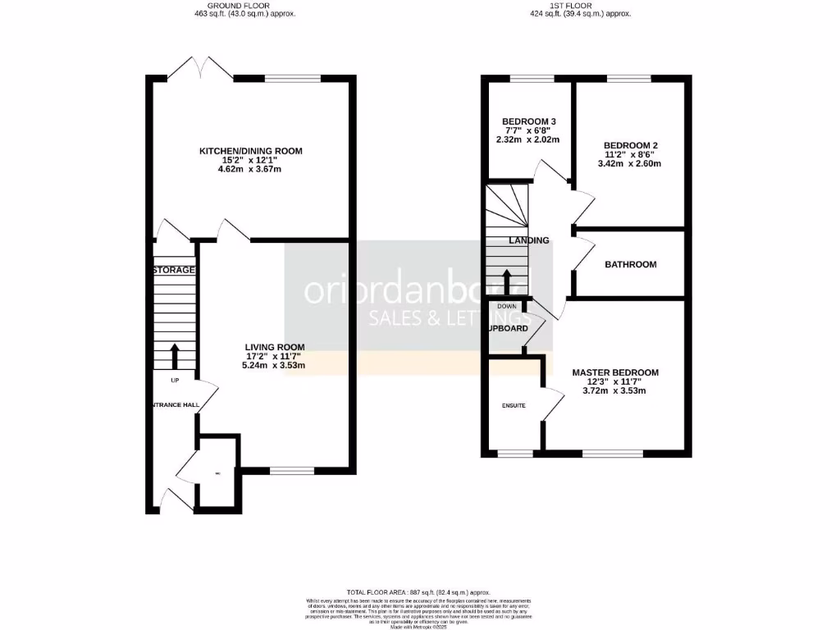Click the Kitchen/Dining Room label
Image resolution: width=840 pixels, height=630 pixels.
(x=250, y=151)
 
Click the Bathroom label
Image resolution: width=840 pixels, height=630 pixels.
(x=630, y=264)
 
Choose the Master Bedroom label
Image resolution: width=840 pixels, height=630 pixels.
(x=615, y=372)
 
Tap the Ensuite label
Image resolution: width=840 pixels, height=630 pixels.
(x=514, y=405)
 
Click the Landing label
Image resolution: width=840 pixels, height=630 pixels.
(x=529, y=240)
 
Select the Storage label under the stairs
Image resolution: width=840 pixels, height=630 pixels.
(x=174, y=270)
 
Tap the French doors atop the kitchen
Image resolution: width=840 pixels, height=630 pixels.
(x=201, y=70)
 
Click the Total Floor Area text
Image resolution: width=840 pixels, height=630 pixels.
(x=418, y=592)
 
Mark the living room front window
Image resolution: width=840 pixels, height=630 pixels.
(x=291, y=471)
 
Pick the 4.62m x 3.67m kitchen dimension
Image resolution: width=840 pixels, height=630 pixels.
(x=250, y=169)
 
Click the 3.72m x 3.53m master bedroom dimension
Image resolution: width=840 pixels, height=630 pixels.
(x=615, y=390)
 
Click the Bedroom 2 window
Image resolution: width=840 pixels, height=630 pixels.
(x=629, y=79)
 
